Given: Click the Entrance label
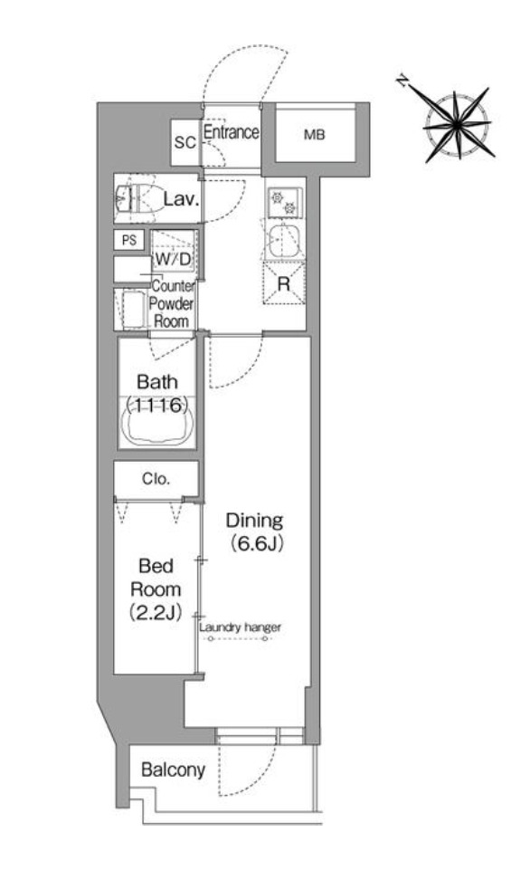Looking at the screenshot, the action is pyautogui.click(x=231, y=132).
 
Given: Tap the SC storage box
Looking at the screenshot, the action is pyautogui.click(x=185, y=143).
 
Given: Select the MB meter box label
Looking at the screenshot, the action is pyautogui.click(x=314, y=135).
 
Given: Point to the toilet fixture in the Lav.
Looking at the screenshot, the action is pyautogui.click(x=137, y=198).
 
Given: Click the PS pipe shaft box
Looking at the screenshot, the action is pyautogui.click(x=129, y=240).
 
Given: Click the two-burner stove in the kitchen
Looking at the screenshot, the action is pyautogui.click(x=284, y=203).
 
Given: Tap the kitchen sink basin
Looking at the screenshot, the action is pyautogui.click(x=284, y=240).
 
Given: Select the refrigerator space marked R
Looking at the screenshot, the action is pyautogui.click(x=284, y=283).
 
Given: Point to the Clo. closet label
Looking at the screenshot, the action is pyautogui.click(x=156, y=479).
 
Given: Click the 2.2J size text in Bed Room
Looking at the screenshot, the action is pyautogui.click(x=156, y=612).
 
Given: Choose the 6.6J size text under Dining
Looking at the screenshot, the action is pyautogui.click(x=255, y=542).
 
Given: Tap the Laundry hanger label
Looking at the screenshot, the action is pyautogui.click(x=240, y=627).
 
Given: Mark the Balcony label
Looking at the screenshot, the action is pyautogui.click(x=173, y=770).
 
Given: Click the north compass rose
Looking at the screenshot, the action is pyautogui.click(x=458, y=123).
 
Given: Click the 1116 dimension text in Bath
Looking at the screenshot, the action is pyautogui.click(x=156, y=405).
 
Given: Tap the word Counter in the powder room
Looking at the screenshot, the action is pyautogui.click(x=174, y=286).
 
